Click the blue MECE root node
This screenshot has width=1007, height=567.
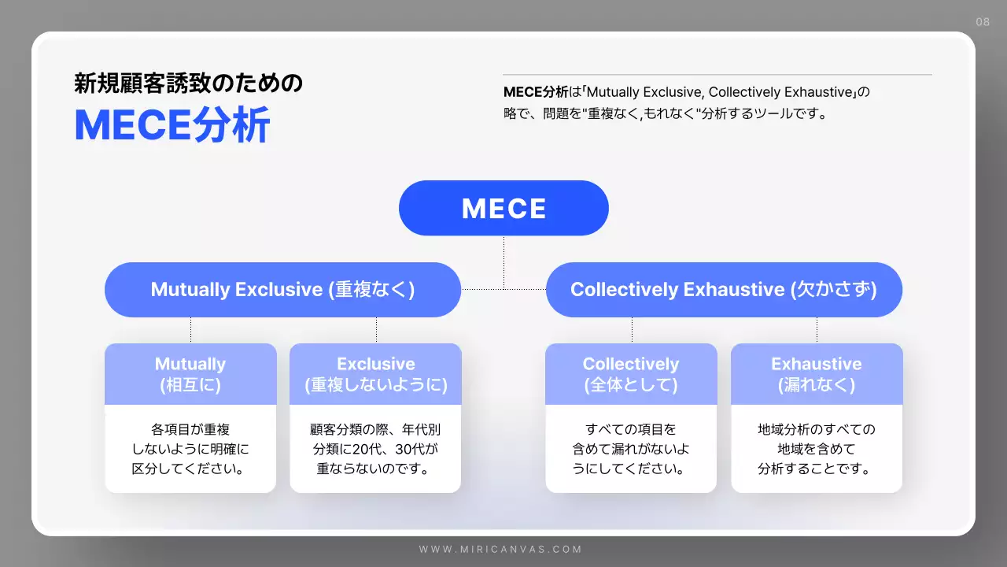point(503,208)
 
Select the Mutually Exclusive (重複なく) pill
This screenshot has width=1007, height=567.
point(282,290)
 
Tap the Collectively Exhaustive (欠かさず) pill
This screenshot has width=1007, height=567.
point(724,290)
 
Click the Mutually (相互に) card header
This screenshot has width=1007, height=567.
point(190,374)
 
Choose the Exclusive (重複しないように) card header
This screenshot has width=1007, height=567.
point(375,374)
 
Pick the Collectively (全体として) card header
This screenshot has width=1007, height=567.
point(631,374)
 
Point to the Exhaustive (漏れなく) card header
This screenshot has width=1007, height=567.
point(817,374)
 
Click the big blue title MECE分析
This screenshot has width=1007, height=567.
point(172,124)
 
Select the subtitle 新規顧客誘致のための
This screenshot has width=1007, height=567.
point(188,83)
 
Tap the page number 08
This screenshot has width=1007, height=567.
point(983,22)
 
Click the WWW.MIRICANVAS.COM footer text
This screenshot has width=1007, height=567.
point(500,549)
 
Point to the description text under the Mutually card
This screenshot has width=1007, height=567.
point(190,450)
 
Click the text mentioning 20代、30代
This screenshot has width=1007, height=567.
point(375,450)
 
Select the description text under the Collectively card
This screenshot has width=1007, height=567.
point(631,450)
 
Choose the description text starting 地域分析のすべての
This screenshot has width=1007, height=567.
point(817,450)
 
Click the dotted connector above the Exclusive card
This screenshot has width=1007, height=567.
point(376,330)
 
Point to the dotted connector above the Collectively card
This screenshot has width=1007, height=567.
point(632,330)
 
